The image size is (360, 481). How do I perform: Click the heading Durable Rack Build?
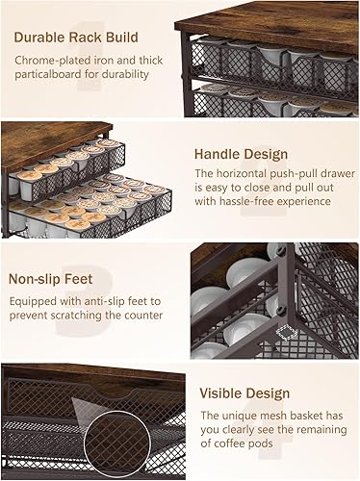(75, 38)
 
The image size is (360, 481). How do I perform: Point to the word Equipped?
(36, 299)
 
